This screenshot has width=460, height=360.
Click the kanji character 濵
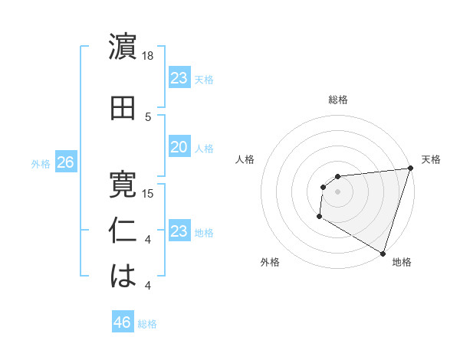point(123,47)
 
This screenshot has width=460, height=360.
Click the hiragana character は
point(123,277)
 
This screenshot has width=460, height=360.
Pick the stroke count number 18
point(148,56)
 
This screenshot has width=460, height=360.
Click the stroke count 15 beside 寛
point(148,193)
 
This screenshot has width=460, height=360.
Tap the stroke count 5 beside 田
point(148,117)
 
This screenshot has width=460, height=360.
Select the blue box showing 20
point(179,148)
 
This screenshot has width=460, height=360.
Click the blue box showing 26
point(65,162)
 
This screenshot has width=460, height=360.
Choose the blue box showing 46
point(123,322)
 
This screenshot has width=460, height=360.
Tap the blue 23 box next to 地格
point(179,231)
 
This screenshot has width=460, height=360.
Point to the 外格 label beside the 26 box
point(41,163)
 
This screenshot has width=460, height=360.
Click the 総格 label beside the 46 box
point(147,323)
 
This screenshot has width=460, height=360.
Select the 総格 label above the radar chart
point(338,100)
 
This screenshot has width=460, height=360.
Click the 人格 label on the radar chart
point(245,159)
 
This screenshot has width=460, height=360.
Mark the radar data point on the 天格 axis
point(409,169)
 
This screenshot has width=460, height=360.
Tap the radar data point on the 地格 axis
point(382,253)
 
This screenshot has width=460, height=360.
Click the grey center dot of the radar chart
point(337,191)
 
